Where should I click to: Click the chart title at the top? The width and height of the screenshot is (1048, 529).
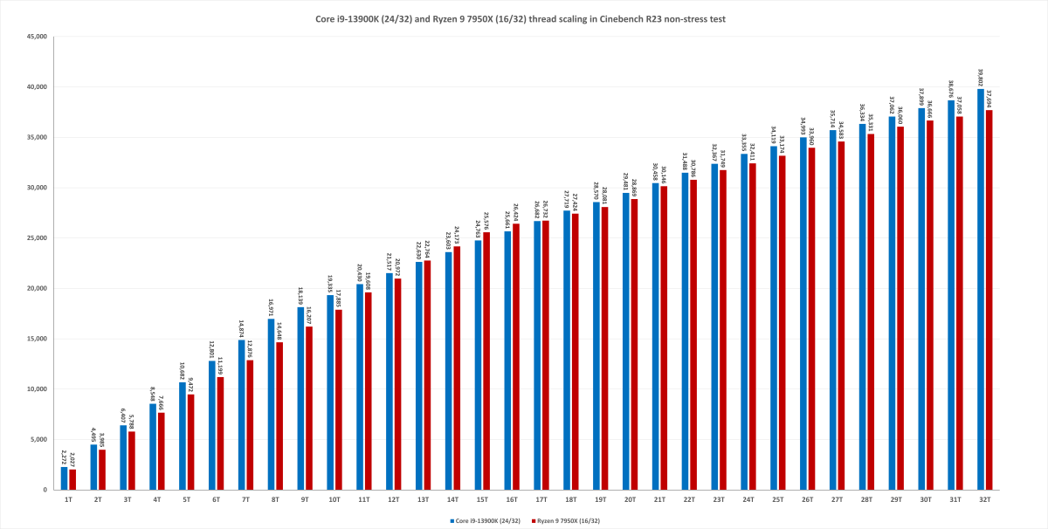click(524, 18)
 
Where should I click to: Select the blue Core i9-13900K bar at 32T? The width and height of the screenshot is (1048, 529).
click(981, 288)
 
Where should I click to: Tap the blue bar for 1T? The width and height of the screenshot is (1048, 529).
click(64, 478)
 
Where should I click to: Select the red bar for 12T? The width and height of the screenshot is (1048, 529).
click(398, 384)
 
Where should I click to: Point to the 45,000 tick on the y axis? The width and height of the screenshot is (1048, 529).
click(37, 37)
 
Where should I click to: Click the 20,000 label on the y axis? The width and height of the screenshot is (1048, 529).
click(37, 289)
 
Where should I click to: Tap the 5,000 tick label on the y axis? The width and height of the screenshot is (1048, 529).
click(38, 440)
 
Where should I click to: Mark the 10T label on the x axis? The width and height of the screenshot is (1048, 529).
click(334, 498)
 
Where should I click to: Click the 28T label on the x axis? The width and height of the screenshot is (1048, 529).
click(866, 498)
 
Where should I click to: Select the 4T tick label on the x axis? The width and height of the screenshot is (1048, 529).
click(157, 498)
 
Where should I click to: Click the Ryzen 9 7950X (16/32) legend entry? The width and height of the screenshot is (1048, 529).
click(569, 520)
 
